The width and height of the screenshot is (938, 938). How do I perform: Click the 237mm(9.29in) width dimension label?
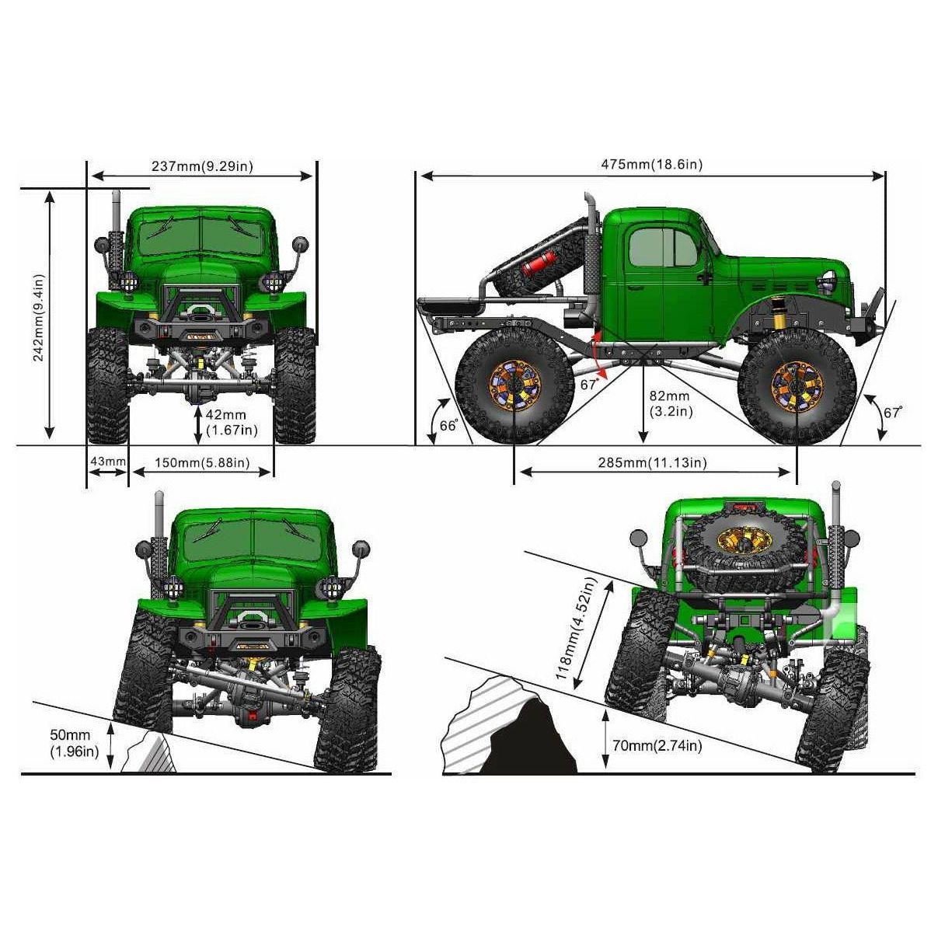tap(202, 166)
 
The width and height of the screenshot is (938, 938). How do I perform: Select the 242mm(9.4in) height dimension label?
tap(39, 318)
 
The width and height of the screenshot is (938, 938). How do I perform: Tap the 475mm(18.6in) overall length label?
tap(652, 165)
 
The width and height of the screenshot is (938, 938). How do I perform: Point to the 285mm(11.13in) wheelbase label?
tap(652, 462)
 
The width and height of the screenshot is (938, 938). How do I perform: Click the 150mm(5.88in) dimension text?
tap(202, 462)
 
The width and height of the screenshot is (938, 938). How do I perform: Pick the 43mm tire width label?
tap(107, 461)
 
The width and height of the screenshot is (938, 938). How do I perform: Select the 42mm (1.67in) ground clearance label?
tap(232, 423)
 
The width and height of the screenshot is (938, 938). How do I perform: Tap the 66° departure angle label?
tap(448, 425)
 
